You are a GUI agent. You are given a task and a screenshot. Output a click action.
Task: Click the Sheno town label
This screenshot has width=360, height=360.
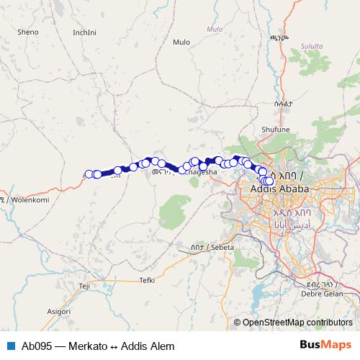[x=28, y=32]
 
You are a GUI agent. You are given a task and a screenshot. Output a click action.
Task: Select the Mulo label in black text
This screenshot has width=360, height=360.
[x=181, y=42]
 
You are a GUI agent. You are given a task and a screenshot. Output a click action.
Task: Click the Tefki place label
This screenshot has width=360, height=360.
[x=148, y=279]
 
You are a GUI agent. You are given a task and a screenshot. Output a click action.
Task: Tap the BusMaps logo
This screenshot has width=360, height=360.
[x=325, y=345]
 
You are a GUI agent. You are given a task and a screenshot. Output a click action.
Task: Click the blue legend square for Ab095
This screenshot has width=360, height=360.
[x=10, y=346]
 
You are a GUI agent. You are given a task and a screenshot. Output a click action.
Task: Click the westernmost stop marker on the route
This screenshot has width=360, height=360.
[x=89, y=174]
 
